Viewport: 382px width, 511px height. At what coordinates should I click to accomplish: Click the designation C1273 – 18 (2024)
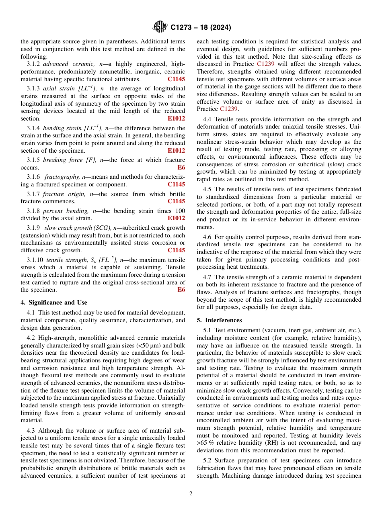pos(201,28)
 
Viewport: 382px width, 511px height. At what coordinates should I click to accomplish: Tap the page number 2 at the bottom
pos(191,494)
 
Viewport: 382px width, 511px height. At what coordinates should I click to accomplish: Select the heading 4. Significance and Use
pos(54,303)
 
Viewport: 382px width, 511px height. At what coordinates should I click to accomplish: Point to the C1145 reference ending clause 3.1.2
pos(176,79)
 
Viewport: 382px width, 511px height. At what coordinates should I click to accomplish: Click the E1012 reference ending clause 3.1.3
pos(176,119)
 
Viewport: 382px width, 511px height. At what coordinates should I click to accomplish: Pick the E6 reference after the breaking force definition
pos(181,168)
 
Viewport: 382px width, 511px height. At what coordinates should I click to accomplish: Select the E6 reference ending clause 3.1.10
pos(181,290)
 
